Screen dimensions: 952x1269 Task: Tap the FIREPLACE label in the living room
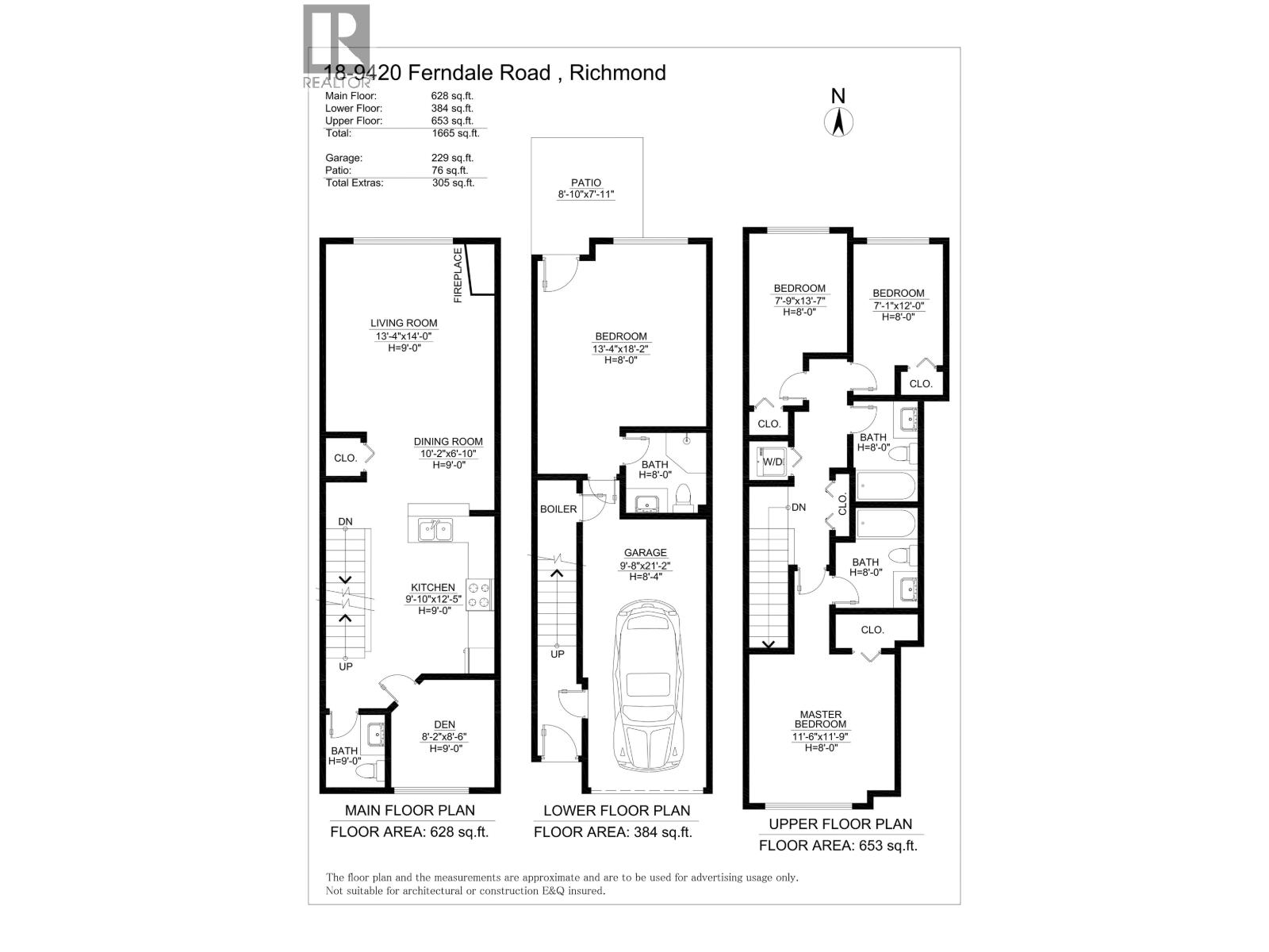tap(458, 275)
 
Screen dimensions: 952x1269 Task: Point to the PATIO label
tap(586, 182)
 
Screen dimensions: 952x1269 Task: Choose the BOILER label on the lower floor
tap(558, 509)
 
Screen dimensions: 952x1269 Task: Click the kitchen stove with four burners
tap(479, 595)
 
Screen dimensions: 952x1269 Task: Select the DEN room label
tap(444, 724)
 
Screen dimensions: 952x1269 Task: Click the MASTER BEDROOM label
tap(821, 720)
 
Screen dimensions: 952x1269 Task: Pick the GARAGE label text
tap(645, 553)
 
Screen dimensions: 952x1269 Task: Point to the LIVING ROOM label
tap(404, 323)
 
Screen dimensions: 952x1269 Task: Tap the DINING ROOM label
tap(448, 442)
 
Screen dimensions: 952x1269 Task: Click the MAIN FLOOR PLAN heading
tap(410, 810)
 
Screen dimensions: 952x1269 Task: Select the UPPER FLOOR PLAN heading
tap(841, 823)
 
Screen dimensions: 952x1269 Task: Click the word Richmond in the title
tap(617, 73)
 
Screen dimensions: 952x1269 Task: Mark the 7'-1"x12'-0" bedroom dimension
tap(899, 305)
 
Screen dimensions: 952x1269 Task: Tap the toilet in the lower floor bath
tap(684, 498)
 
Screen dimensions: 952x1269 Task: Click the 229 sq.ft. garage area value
tap(452, 158)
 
